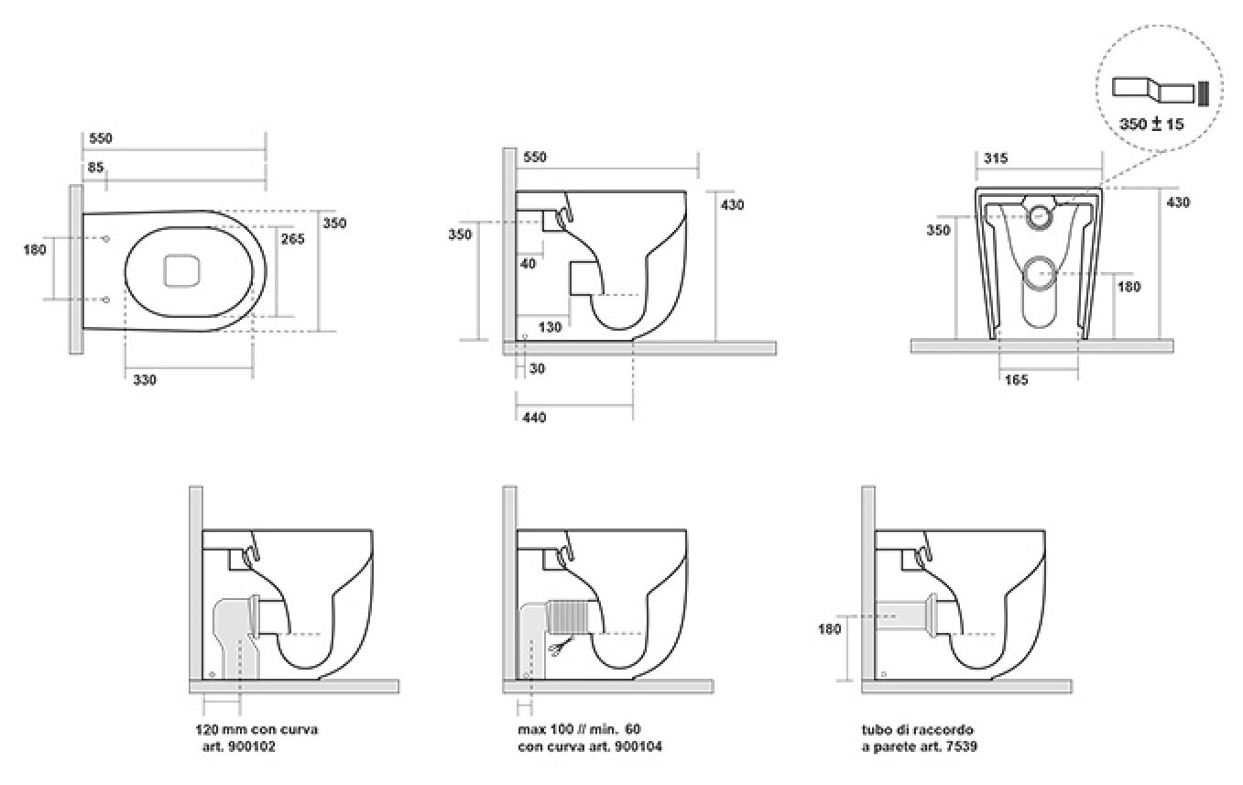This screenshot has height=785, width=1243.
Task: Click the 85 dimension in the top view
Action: pyautogui.click(x=95, y=167)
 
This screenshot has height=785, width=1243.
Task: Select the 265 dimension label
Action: pyautogui.click(x=292, y=238)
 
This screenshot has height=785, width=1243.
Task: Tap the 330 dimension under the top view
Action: pyautogui.click(x=145, y=380)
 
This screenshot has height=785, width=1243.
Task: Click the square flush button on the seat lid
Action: pyautogui.click(x=181, y=271)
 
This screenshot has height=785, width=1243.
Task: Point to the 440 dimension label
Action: pyautogui.click(x=534, y=417)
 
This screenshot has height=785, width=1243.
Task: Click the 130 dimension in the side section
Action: pyautogui.click(x=550, y=327)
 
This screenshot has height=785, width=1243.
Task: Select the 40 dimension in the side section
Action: pyautogui.click(x=529, y=264)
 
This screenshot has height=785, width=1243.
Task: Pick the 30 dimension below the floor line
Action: pyautogui.click(x=537, y=368)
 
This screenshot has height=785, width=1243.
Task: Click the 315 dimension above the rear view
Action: pyautogui.click(x=996, y=158)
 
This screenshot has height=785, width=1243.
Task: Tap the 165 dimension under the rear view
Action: pyautogui.click(x=1016, y=380)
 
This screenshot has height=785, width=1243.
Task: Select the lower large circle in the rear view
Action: pyautogui.click(x=1038, y=274)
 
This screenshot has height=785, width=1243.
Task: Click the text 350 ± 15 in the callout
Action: pyautogui.click(x=1151, y=124)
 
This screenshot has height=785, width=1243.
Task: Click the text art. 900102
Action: pyautogui.click(x=238, y=747)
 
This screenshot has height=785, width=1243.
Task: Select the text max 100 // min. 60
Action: pyautogui.click(x=579, y=729)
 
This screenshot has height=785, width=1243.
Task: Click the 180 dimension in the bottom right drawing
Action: pyautogui.click(x=830, y=629)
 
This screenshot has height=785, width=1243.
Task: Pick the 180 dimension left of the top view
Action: pyautogui.click(x=35, y=250)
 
